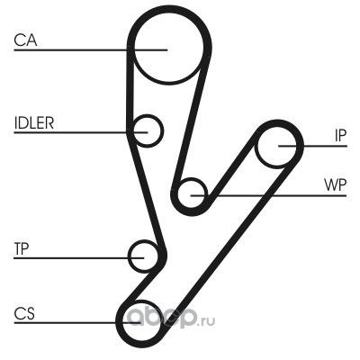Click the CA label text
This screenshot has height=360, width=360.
point(25,40)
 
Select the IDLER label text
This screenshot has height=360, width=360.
point(34,122)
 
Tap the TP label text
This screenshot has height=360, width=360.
point(22,248)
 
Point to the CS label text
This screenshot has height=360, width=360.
point(24,313)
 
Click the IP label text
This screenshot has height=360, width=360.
point(340,136)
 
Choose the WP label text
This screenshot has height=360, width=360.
point(335,185)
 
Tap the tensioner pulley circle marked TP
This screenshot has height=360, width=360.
point(129,256)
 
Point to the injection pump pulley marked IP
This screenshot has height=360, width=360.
point(257,146)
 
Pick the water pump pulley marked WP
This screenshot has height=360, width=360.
point(178,193)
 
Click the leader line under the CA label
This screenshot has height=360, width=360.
point(90,49)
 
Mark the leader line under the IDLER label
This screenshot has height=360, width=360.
point(81,132)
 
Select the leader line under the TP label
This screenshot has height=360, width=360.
point(79,257)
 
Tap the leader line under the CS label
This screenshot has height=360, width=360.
point(77,322)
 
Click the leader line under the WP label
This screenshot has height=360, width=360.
point(268,196)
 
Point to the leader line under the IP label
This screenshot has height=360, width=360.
point(312,146)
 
